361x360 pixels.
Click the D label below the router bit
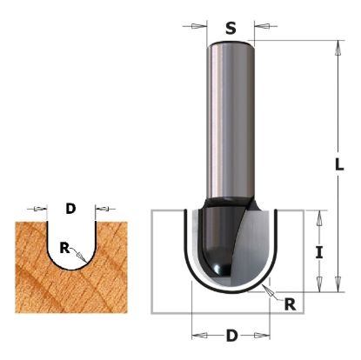coord(231,336)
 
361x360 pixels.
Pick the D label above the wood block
coord(71,209)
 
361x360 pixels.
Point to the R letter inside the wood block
coord(64,248)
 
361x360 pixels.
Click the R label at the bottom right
coord(291,305)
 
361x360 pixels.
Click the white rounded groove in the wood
coord(71,239)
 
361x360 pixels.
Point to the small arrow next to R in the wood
coord(78,255)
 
